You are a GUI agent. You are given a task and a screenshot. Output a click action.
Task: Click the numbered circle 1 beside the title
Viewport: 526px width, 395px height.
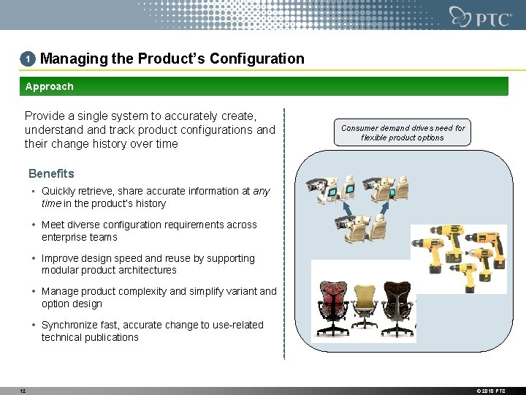[28, 59]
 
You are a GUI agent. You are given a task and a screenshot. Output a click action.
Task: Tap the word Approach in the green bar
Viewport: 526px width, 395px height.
[49, 86]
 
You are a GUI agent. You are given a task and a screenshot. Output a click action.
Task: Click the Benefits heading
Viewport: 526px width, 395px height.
[51, 173]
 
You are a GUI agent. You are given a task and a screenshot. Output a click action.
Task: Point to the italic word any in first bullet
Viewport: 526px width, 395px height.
[262, 191]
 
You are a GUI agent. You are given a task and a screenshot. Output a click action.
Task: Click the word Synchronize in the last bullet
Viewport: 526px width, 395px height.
[72, 325]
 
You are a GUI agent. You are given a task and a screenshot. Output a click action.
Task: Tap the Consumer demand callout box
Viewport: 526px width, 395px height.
[403, 132]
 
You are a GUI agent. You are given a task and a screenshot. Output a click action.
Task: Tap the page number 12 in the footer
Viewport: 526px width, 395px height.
[23, 391]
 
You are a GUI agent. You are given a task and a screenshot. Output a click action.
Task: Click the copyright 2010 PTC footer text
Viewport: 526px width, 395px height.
[489, 391]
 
